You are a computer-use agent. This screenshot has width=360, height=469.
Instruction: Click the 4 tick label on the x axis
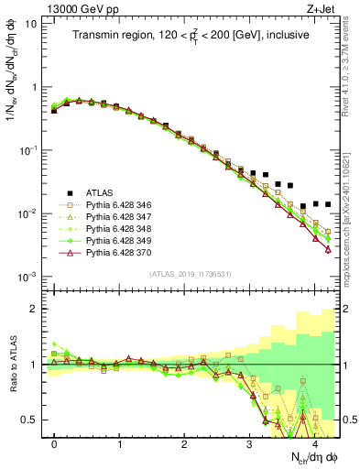coord(314,444)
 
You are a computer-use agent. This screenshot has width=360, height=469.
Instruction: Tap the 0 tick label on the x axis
coord(54,444)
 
